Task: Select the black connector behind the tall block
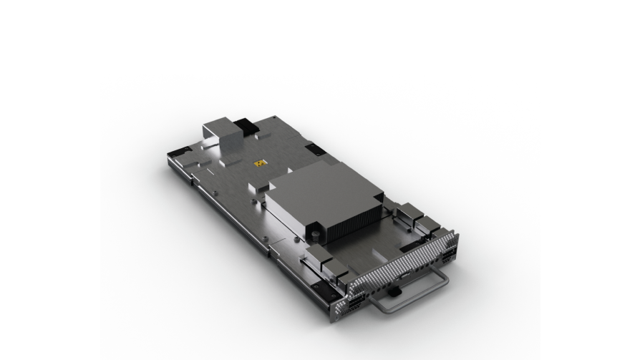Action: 247,127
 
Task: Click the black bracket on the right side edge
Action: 316,151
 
